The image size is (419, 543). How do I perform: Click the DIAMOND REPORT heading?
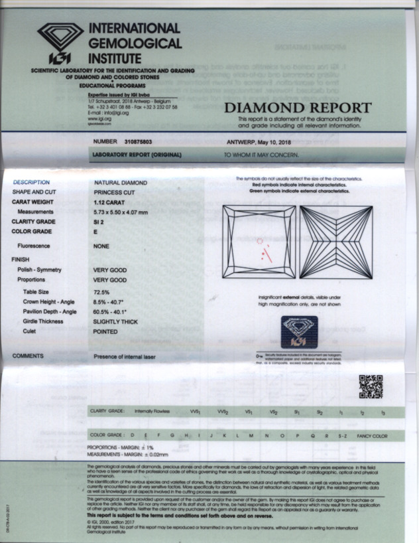(x=298, y=108)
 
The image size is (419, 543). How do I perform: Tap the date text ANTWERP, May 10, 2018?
(x=261, y=142)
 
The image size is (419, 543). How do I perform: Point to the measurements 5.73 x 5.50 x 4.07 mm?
(x=130, y=211)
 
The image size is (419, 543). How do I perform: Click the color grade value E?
(x=96, y=232)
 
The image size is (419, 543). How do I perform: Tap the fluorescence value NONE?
(x=102, y=246)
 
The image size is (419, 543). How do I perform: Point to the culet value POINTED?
(x=106, y=331)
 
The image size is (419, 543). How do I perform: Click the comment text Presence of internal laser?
(x=125, y=357)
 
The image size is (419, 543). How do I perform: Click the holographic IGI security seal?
(x=298, y=331)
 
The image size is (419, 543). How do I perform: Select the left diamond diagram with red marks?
(x=259, y=242)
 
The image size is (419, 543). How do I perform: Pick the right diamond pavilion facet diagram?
(x=335, y=242)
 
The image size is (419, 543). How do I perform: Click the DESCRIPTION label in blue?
(x=31, y=182)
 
